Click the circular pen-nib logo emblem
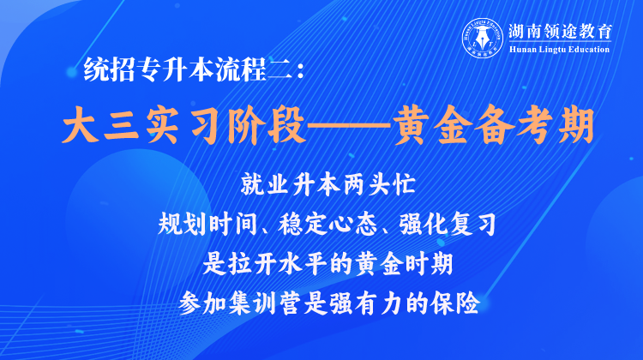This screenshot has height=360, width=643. (x=483, y=38)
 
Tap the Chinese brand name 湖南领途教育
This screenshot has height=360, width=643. (x=560, y=32)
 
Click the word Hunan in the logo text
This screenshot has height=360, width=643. (x=520, y=50)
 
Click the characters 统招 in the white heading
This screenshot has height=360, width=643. (x=110, y=69)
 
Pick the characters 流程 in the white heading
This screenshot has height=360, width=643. (x=241, y=69)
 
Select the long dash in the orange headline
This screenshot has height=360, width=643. (x=350, y=125)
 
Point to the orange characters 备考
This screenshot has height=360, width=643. (x=514, y=125)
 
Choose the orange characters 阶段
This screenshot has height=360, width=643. (x=267, y=125)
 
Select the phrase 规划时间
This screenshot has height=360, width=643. (x=207, y=224)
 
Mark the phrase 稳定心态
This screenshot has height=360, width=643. (x=327, y=224)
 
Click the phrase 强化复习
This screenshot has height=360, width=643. (x=447, y=224)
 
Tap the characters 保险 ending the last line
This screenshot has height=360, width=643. (x=455, y=303)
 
